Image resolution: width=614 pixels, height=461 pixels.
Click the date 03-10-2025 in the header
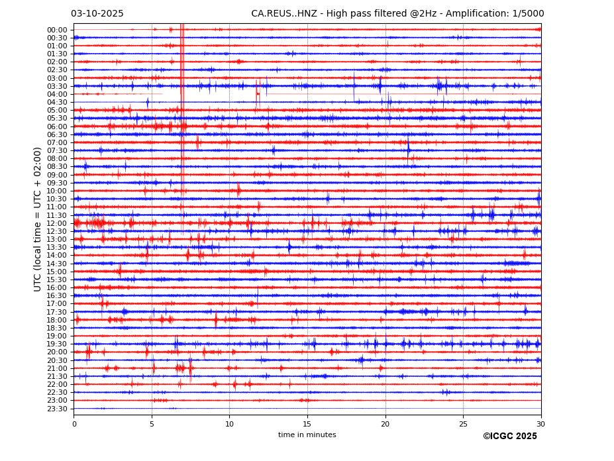tap(97, 14)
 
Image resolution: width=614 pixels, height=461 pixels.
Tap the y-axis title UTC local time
tap(38, 219)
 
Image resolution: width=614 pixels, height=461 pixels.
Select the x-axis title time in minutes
tap(307, 435)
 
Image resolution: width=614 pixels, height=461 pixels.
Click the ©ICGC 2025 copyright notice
tap(509, 436)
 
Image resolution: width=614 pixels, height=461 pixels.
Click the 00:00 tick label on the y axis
tap(57, 30)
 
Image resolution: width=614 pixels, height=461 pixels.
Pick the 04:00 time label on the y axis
tap(57, 94)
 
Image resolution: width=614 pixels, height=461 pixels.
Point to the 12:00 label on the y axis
tap(57, 223)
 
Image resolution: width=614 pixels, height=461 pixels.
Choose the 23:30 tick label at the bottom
tap(57, 409)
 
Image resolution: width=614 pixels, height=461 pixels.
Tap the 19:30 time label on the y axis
tap(57, 344)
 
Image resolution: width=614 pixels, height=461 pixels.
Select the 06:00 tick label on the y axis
tap(57, 127)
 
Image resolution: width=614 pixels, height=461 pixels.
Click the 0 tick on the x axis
tap(74, 423)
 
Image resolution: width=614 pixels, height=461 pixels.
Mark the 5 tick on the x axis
tap(152, 423)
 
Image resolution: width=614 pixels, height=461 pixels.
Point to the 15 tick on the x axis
tap(307, 423)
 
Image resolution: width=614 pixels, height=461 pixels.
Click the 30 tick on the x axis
tap(540, 423)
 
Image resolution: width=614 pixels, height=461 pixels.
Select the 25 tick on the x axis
tap(463, 423)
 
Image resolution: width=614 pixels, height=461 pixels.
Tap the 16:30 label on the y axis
tap(57, 296)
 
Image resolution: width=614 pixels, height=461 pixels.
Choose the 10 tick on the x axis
tap(229, 423)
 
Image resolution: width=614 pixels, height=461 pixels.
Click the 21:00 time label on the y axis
tap(57, 368)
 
